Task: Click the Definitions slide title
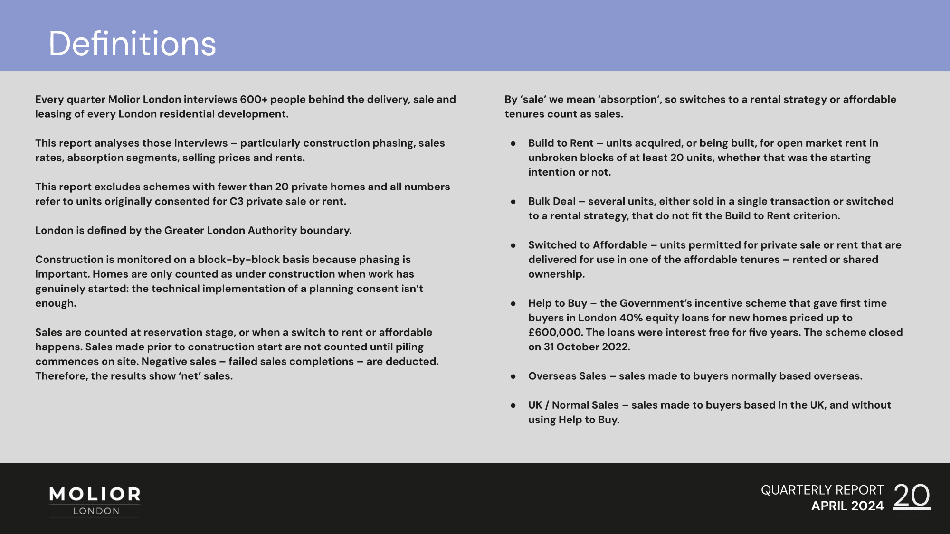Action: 133,44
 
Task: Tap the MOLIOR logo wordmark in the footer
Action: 95,494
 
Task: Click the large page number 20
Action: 912,497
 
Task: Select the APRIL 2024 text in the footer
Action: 847,506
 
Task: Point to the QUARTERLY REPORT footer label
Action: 822,490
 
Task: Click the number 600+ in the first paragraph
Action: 254,99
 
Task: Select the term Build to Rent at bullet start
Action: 561,143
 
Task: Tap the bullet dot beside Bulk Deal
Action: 513,202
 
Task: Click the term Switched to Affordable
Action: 588,245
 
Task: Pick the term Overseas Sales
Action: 567,376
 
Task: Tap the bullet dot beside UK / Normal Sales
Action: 513,405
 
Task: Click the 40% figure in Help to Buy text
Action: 631,318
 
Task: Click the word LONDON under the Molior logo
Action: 96,511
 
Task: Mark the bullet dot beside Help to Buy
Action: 513,303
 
